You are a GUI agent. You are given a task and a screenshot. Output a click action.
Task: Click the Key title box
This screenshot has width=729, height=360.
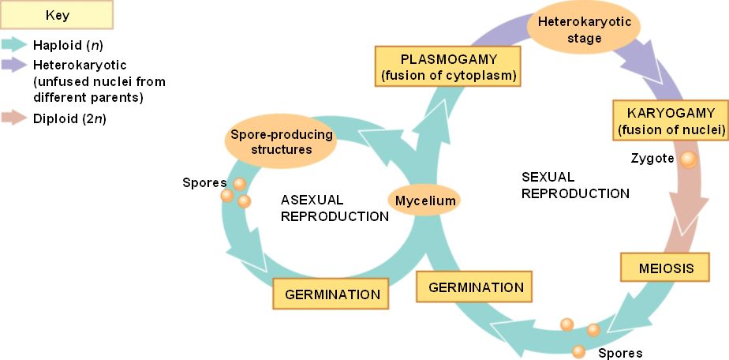pyautogui.click(x=57, y=14)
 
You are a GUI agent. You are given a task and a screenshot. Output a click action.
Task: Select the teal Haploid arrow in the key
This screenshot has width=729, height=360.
pyautogui.click(x=14, y=45)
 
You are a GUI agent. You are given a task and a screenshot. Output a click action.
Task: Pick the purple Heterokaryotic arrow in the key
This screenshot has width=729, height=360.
pyautogui.click(x=14, y=63)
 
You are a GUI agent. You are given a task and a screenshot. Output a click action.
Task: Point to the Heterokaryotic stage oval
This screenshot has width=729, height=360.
pyautogui.click(x=585, y=30)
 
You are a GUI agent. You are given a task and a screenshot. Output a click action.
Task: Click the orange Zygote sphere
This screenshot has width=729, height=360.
pyautogui.click(x=689, y=159)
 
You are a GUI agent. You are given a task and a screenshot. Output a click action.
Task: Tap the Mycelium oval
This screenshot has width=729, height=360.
pyautogui.click(x=425, y=201)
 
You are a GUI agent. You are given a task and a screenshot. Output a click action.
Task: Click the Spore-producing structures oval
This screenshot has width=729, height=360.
pyautogui.click(x=281, y=141)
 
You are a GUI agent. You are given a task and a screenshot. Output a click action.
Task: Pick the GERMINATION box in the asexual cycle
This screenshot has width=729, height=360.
pyautogui.click(x=332, y=294)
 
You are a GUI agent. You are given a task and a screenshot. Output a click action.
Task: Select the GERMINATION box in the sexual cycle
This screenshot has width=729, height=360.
pyautogui.click(x=476, y=287)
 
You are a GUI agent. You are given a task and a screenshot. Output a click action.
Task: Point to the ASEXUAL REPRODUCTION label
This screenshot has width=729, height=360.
pyautogui.click(x=335, y=208)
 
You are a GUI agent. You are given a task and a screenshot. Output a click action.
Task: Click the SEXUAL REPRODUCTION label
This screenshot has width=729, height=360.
pyautogui.click(x=575, y=185)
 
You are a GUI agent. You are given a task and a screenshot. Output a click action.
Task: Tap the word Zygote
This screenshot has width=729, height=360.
pyautogui.click(x=652, y=158)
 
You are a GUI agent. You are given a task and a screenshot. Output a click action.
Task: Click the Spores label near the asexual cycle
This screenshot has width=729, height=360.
pyautogui.click(x=200, y=183)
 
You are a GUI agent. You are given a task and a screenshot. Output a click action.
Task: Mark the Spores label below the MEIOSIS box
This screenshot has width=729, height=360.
pyautogui.click(x=620, y=353)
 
